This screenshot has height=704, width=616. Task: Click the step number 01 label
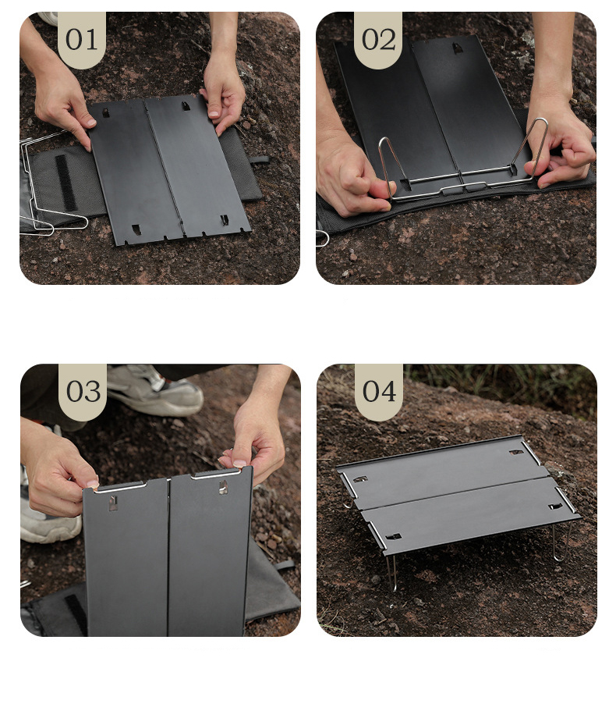[x=81, y=40]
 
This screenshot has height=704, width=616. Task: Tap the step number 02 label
[x=379, y=40]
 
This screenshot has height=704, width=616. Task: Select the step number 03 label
[x=83, y=392]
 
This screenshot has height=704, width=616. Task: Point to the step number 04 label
[x=380, y=391]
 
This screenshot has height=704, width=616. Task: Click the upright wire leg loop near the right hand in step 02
[x=533, y=148]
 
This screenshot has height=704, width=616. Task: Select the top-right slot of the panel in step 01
[x=186, y=106]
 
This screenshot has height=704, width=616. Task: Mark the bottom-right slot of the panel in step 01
[x=224, y=220]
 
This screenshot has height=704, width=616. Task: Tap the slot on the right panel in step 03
[x=222, y=487]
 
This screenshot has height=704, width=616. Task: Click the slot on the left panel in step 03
[x=113, y=503]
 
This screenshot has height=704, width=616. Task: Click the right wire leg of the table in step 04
[x=561, y=542]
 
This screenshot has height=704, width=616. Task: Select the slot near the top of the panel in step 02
[x=457, y=48]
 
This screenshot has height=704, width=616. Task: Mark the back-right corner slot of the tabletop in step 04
[x=516, y=452]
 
